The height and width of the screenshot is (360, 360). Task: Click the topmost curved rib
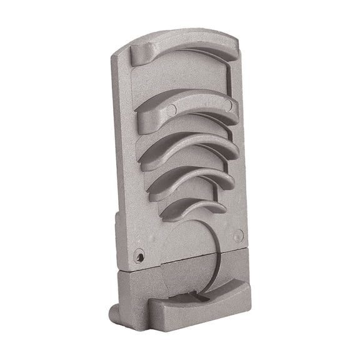187,49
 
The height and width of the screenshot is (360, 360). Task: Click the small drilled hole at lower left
139,256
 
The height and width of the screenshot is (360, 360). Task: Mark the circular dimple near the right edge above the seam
238,235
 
